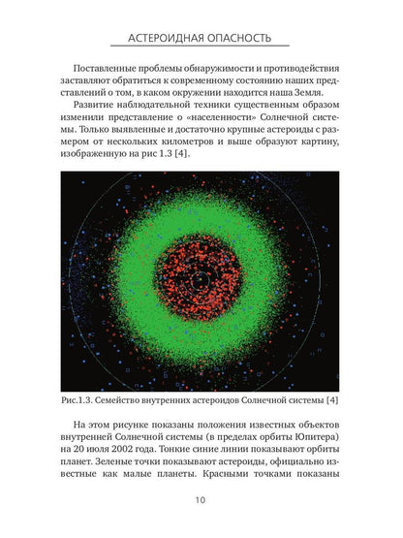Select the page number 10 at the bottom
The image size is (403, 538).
pos(201,501)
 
